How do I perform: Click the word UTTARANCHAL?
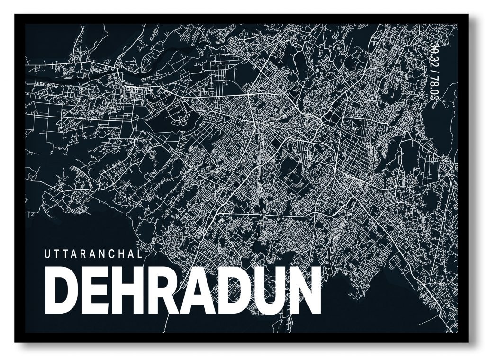coord(93,254)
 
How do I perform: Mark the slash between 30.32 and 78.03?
coord(433,72)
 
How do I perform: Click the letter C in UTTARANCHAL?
coord(120,254)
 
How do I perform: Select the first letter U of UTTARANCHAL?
coord(47,254)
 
